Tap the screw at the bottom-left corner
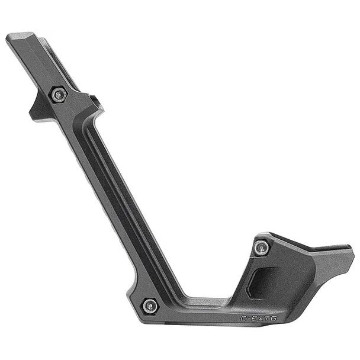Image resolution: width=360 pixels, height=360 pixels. click(x=150, y=306)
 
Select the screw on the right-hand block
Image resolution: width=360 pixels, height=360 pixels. click(x=261, y=247)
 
